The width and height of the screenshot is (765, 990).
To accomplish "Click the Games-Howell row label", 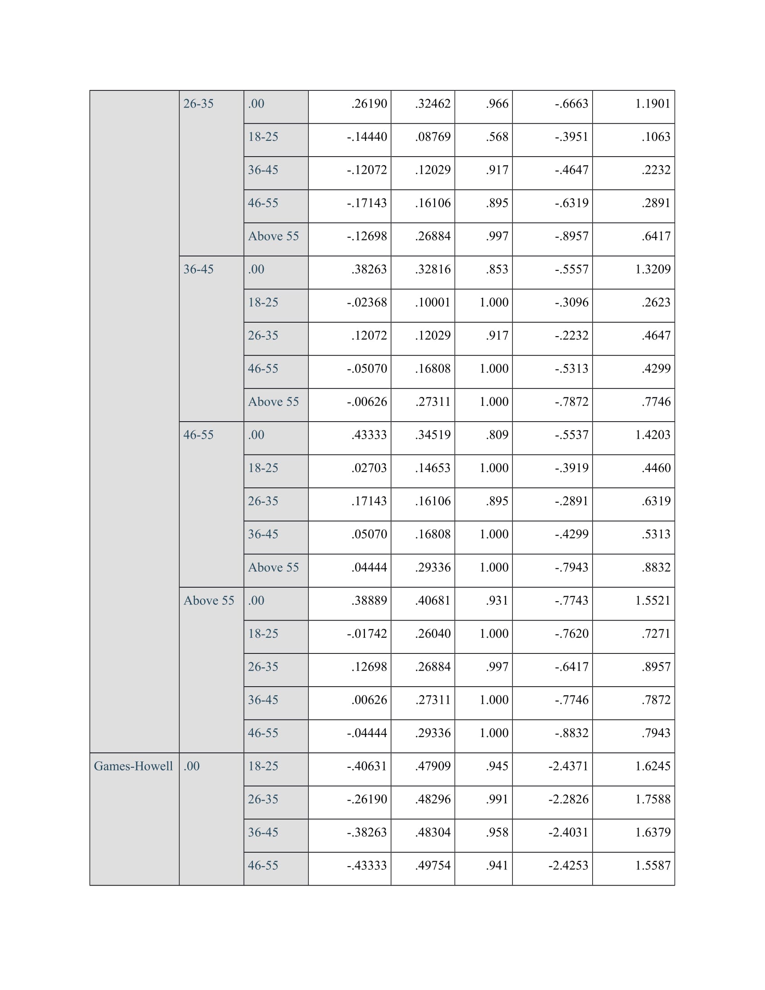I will tap(133, 766).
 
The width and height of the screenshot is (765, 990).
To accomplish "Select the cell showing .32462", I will tap(433, 104).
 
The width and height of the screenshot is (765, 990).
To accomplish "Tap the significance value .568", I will tap(497, 137).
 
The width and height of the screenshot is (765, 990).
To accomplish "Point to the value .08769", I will tap(433, 137).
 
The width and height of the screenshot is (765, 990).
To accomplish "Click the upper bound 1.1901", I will tap(652, 104).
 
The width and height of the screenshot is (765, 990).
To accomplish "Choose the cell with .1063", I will tap(655, 137).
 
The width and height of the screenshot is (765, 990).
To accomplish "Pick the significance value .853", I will tap(497, 269).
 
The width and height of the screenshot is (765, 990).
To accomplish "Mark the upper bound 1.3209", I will tap(652, 269).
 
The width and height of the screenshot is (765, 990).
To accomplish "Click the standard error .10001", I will tap(433, 302).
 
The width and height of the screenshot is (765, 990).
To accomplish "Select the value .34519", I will tap(433, 435).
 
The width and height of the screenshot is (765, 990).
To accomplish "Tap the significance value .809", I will tap(497, 435).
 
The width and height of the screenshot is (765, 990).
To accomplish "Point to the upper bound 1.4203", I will tap(652, 435).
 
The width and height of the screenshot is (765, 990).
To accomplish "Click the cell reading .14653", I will tap(433, 468).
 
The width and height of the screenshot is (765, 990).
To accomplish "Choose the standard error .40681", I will tap(433, 601).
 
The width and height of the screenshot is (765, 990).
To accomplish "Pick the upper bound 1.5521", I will tap(652, 601).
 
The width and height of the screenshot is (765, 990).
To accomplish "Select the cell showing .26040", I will tap(433, 634).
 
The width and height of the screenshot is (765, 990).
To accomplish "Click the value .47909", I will tap(433, 766).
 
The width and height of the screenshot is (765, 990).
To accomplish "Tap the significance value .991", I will tap(497, 799).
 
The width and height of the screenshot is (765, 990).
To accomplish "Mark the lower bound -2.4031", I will tap(568, 832).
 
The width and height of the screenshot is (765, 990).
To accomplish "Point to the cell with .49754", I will tap(433, 865).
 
